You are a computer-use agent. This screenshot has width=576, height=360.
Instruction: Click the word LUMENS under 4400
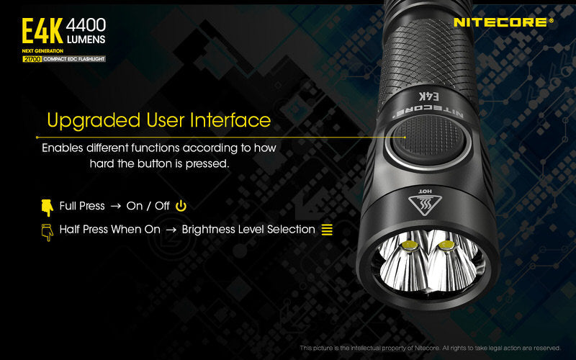click(86, 39)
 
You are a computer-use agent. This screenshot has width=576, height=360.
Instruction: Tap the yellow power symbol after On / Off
click(181, 206)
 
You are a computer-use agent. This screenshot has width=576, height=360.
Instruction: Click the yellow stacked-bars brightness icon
click(327, 230)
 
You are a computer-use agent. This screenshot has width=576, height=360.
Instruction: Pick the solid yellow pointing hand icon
click(48, 207)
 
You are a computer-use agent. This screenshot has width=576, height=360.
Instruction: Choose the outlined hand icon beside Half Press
click(48, 231)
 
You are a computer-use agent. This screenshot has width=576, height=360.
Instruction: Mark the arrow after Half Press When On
click(171, 230)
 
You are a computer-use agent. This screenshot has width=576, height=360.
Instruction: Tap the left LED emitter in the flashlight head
click(412, 247)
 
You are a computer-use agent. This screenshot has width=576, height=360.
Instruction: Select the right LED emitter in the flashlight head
click(446, 247)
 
